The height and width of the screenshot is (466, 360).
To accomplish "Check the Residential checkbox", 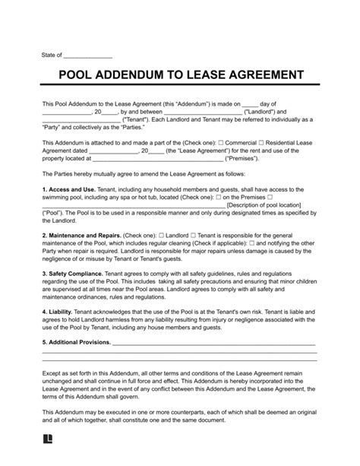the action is (x=261, y=142).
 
